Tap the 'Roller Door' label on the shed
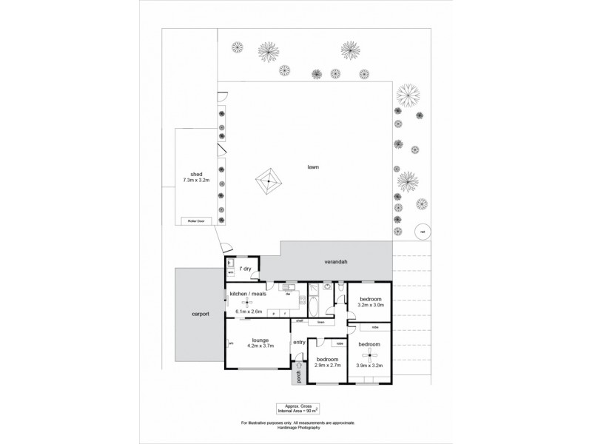point(195,220)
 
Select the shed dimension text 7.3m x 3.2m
point(197,180)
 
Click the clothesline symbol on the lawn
point(269,180)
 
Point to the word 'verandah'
point(335,263)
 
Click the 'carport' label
point(199,314)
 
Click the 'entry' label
point(299,342)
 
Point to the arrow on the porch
point(299,366)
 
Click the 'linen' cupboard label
point(321,323)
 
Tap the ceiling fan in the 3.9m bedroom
point(370,356)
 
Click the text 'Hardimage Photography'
point(297,427)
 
